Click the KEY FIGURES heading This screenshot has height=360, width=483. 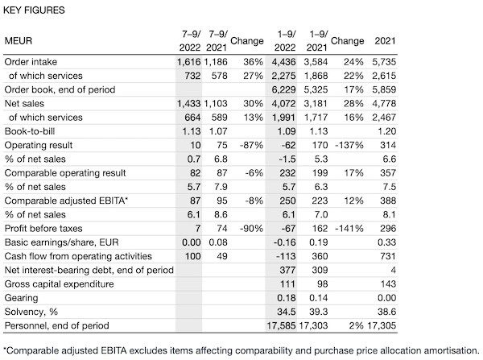click(34, 10)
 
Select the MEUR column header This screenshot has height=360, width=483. click(19, 41)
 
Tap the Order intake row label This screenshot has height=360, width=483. click(31, 62)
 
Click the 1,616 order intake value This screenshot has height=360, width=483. click(189, 62)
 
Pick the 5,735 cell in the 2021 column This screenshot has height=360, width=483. click(384, 62)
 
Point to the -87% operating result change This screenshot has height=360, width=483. click(251, 145)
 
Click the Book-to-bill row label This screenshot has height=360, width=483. click(30, 131)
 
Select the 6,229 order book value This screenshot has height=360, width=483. click(283, 89)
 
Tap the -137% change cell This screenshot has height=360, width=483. click(349, 145)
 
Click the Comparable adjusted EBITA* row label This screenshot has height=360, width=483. click(66, 201)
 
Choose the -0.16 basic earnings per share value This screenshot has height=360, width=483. click(285, 242)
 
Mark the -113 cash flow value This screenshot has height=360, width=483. click(285, 256)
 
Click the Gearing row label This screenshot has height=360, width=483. click(21, 298)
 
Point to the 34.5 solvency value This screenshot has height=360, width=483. click(287, 312)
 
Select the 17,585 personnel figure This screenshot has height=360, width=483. click(281, 326)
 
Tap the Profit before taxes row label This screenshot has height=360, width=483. click(43, 229)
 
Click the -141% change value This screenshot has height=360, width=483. click(349, 229)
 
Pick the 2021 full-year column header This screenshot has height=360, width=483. click(385, 41)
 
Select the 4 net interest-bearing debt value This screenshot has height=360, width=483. click(393, 271)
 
